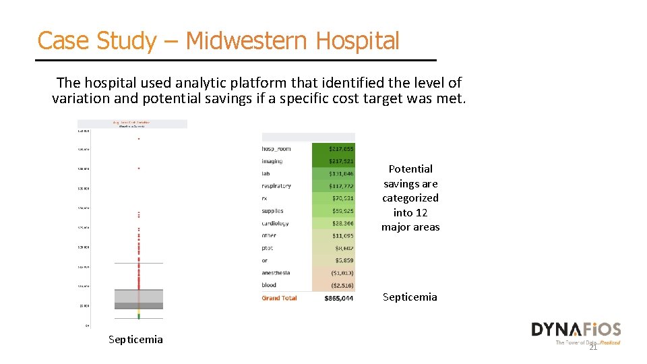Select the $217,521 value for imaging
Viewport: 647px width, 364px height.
tap(340, 161)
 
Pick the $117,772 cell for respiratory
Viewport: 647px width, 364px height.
tap(340, 186)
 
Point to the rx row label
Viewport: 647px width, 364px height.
tap(265, 198)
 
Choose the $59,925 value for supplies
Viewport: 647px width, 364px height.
tap(342, 211)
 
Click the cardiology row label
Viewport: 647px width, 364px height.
tap(275, 223)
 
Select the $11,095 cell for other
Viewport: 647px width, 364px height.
tap(342, 236)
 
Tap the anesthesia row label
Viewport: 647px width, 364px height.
tap(276, 273)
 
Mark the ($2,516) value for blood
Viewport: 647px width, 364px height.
tap(340, 285)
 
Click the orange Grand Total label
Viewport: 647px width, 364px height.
tap(279, 298)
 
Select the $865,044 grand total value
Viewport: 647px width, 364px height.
tap(339, 298)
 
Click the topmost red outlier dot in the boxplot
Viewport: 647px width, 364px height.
tap(139, 139)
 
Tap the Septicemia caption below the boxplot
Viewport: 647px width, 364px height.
tap(135, 339)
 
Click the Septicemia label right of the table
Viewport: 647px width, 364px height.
tap(410, 297)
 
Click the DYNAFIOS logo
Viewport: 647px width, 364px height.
tap(576, 330)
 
